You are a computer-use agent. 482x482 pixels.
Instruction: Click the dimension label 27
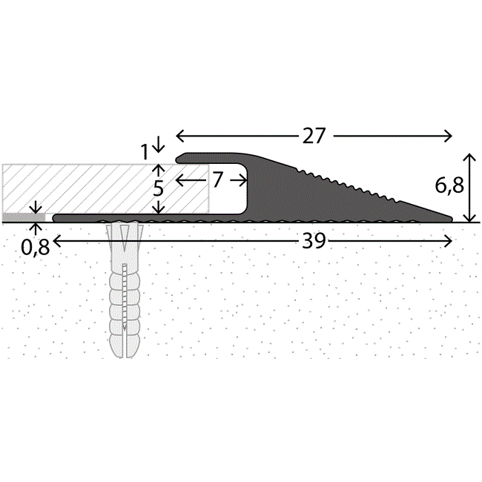(314, 136)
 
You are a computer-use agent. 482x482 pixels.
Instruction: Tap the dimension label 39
(314, 241)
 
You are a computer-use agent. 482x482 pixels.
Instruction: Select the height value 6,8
(449, 185)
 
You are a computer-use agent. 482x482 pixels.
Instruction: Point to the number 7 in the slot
(217, 179)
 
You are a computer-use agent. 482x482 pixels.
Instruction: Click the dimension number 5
(158, 188)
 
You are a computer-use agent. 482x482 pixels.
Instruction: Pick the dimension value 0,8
(36, 247)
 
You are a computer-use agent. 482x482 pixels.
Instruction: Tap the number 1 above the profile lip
(145, 152)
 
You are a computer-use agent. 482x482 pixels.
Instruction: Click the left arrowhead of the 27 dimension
(179, 136)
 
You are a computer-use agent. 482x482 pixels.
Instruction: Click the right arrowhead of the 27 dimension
(448, 136)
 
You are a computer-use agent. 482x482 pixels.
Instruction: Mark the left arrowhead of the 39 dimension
(57, 241)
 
